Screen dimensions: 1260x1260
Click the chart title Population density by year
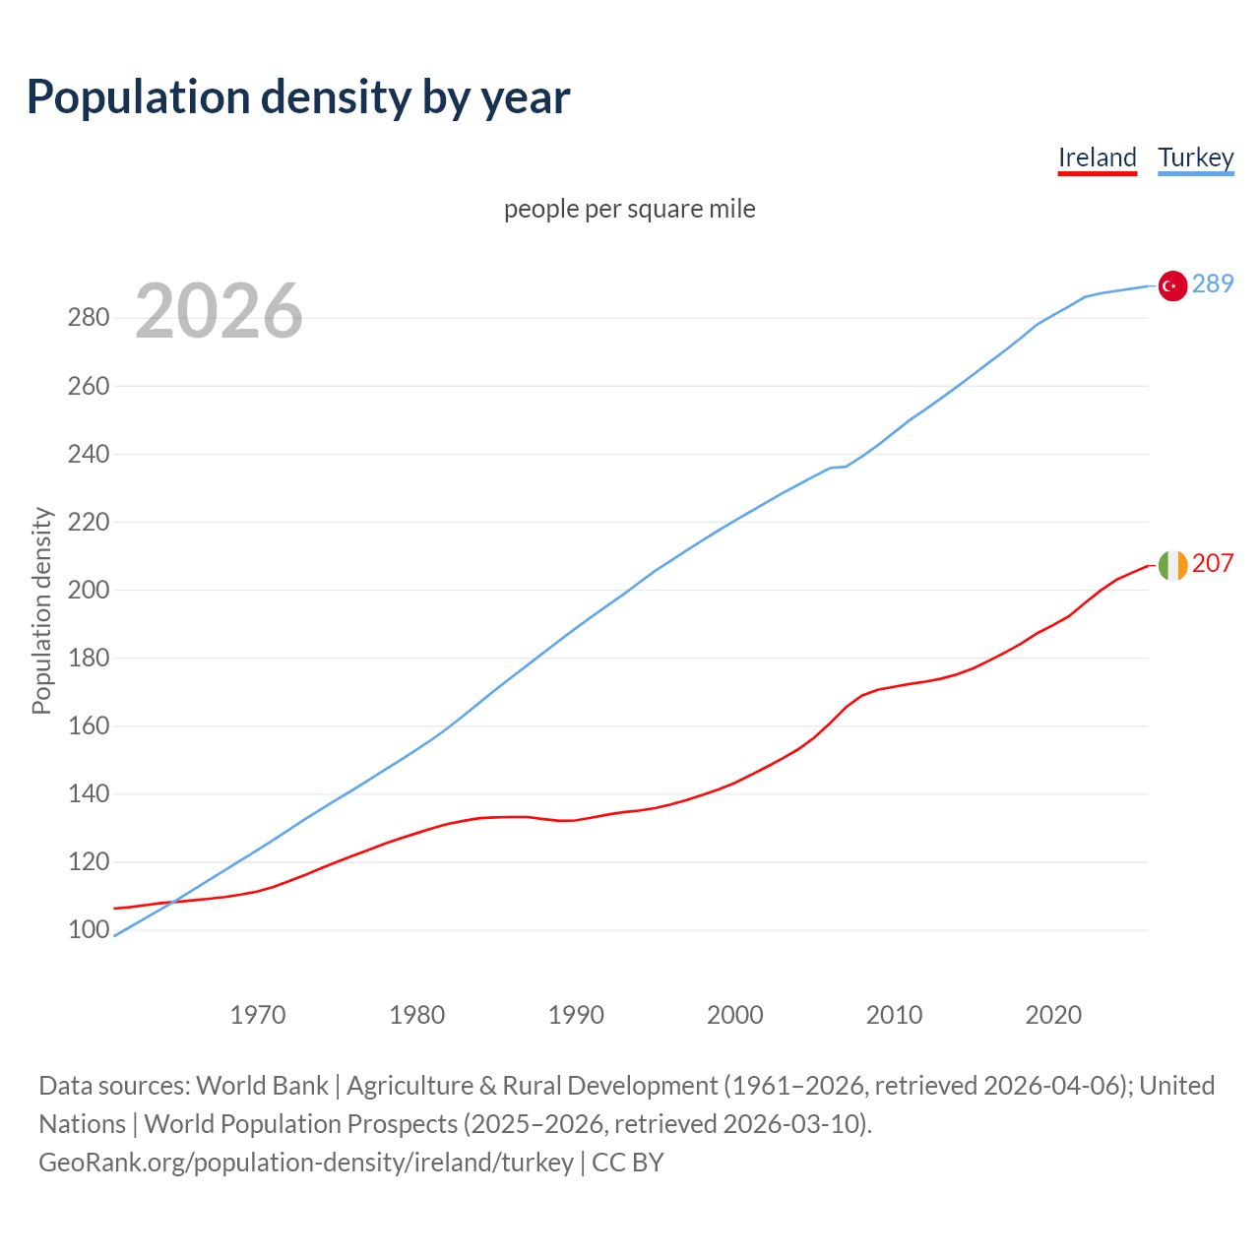[x=298, y=97]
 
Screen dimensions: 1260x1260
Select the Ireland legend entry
[x=1098, y=157]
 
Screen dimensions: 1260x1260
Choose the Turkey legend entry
[x=1196, y=157]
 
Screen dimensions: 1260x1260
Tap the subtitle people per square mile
[x=630, y=209]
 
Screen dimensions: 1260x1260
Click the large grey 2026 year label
[x=219, y=311]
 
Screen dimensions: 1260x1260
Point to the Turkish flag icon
[x=1171, y=285]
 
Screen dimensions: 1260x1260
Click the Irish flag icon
[x=1172, y=565]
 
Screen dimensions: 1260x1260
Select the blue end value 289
[x=1213, y=283]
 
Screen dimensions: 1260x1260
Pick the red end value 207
[x=1213, y=563]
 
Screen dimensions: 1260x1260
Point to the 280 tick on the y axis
[x=88, y=318]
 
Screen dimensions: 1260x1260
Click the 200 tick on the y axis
[x=88, y=590]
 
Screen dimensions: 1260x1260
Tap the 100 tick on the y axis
[x=88, y=929]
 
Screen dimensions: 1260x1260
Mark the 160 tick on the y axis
[x=88, y=725]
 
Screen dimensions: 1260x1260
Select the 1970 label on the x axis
[x=258, y=1014]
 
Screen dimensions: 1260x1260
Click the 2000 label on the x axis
[x=735, y=1014]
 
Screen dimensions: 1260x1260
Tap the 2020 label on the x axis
[x=1053, y=1014]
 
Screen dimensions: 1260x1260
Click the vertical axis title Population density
[x=41, y=610]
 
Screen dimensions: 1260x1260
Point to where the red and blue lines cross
[x=173, y=902]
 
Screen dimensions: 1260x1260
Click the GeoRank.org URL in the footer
[x=306, y=1163]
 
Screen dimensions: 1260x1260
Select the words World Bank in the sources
[x=262, y=1086]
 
